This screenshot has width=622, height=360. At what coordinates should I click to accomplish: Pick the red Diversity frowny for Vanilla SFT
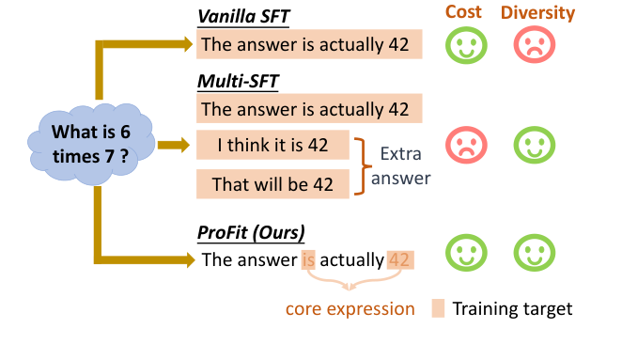point(535,45)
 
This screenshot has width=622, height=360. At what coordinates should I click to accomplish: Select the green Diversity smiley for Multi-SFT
point(535,146)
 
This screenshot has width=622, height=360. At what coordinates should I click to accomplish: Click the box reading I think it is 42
point(272,147)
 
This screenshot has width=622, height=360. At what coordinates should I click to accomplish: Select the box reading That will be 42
point(272,183)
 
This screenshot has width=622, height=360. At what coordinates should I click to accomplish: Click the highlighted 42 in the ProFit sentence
point(399,259)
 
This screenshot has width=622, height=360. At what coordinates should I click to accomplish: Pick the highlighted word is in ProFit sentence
point(308,259)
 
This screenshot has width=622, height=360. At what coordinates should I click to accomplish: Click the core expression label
point(350,308)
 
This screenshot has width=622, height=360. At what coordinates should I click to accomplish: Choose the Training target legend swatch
point(437,308)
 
